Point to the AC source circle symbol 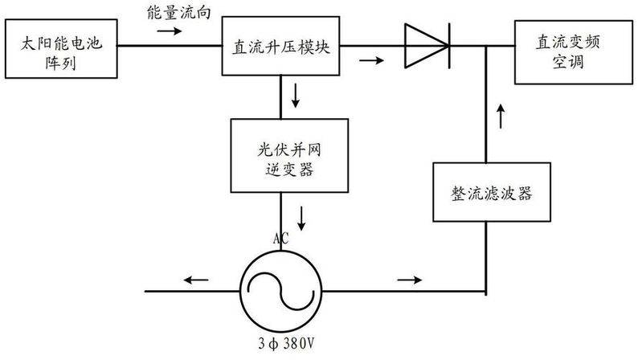click(280, 288)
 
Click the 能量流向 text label click(177, 14)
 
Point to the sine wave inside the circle click(280, 289)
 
